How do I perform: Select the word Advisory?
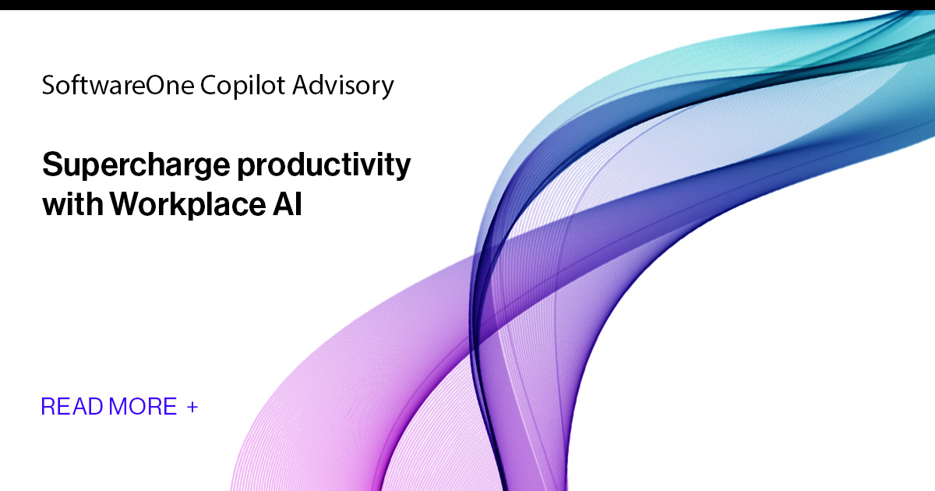coord(343,86)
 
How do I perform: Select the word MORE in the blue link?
coord(143,406)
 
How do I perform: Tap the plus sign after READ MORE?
coord(192,406)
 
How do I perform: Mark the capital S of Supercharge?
coord(51,166)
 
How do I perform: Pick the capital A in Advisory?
coord(301,85)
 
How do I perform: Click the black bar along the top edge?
coord(467,5)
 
